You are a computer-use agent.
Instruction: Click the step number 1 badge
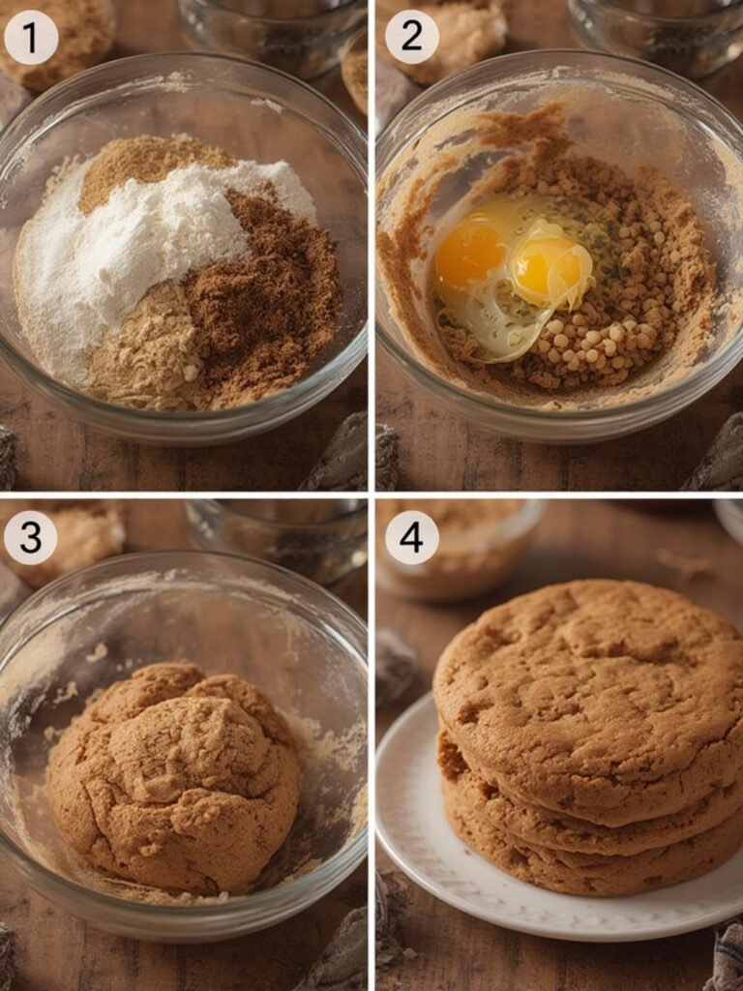click(x=31, y=38)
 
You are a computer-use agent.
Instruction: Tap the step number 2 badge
click(x=412, y=38)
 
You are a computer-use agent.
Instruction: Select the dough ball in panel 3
click(x=174, y=774)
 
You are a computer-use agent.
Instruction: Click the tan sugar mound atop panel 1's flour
click(x=145, y=165)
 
